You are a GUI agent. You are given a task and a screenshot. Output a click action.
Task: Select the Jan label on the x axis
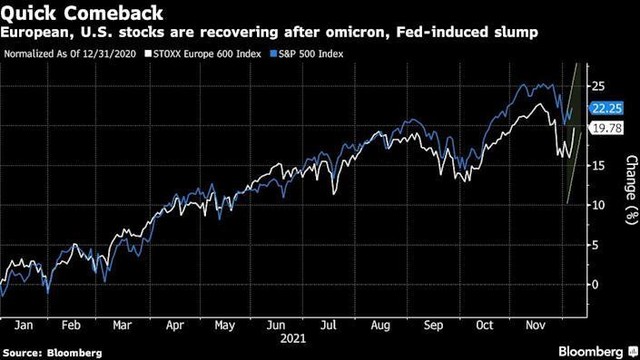click(x=25, y=325)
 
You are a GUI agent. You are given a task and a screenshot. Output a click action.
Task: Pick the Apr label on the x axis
click(x=176, y=325)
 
